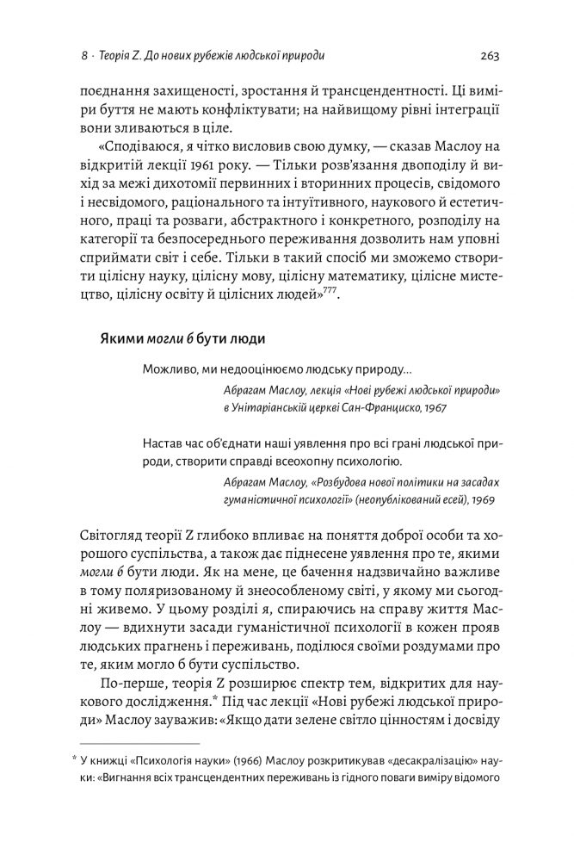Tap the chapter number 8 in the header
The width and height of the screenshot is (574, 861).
coord(83,57)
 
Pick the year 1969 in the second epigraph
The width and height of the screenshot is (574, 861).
coord(482,499)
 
